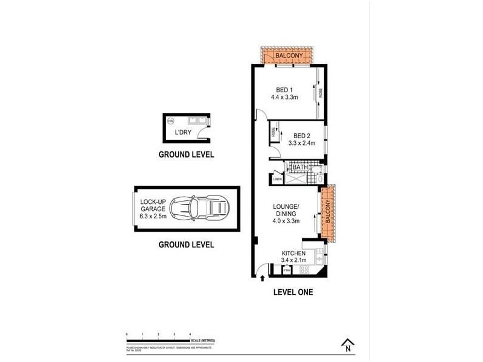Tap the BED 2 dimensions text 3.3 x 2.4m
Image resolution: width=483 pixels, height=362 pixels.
tap(301, 144)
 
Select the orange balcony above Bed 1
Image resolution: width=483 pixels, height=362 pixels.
tap(284, 56)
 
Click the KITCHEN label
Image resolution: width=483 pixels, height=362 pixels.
tap(293, 253)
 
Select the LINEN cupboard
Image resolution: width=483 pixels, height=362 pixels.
tap(278, 179)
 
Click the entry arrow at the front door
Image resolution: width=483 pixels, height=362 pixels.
tap(263, 278)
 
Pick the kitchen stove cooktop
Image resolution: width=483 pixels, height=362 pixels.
tap(304, 270)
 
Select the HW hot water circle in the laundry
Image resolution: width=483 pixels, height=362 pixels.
tap(171, 121)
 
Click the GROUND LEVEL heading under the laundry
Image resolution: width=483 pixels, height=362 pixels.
tap(186, 154)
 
